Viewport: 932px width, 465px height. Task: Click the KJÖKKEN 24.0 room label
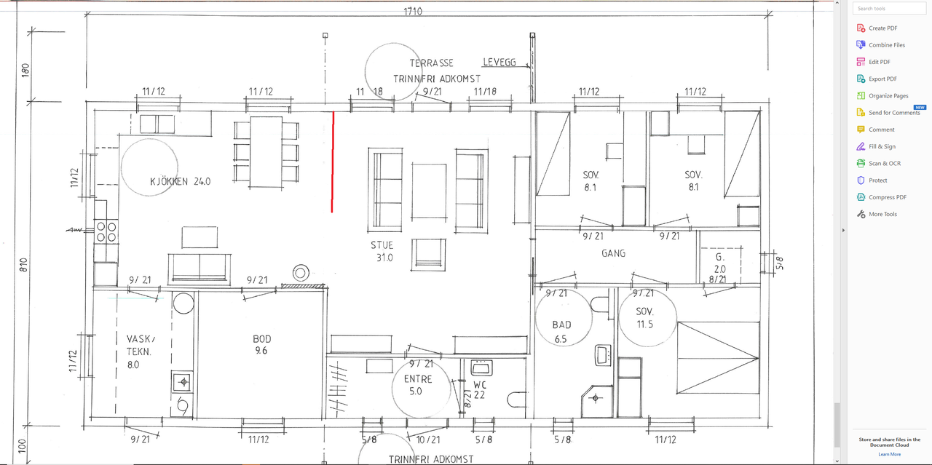point(180,181)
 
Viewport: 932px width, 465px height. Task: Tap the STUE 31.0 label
point(382,251)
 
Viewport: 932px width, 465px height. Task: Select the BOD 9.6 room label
point(261,345)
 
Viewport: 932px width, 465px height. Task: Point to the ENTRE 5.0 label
point(418,385)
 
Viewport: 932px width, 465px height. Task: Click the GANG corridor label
point(613,253)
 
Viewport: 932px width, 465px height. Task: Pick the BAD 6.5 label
point(561,332)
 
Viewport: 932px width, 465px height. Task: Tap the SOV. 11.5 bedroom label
point(645,318)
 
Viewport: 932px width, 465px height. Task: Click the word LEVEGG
point(499,63)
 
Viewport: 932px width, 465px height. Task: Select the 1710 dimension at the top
point(413,11)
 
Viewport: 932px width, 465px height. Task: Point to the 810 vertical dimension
point(24,265)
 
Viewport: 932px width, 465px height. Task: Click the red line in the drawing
point(333,162)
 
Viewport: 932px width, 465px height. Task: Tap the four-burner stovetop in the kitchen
point(106,232)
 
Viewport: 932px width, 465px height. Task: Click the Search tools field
point(889,8)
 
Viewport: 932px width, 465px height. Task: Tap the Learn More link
point(890,454)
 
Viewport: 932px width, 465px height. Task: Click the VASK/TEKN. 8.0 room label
point(141,351)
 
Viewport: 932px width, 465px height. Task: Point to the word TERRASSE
point(432,63)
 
